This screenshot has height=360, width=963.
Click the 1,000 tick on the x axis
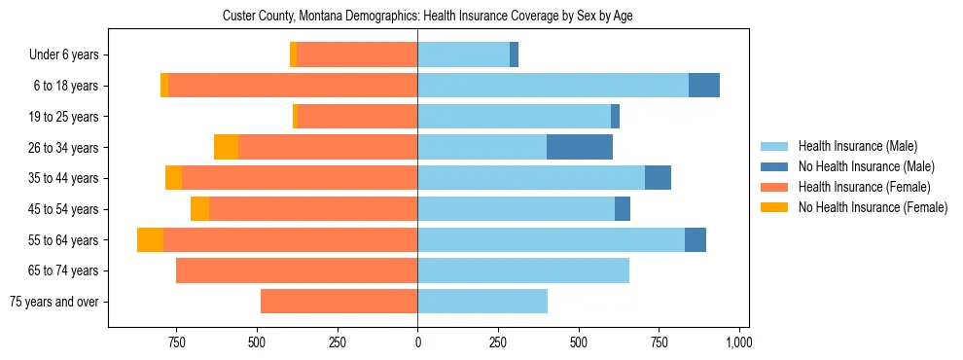tap(739, 342)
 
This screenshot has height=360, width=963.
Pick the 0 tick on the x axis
tap(417, 342)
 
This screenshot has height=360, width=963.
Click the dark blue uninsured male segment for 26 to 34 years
tap(580, 148)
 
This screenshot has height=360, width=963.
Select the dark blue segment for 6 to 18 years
tap(704, 86)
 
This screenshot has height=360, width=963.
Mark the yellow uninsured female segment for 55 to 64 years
tap(150, 240)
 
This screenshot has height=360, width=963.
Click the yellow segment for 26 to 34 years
tap(226, 148)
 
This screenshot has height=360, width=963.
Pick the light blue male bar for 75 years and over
tap(482, 302)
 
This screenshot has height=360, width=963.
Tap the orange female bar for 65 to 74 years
tap(297, 270)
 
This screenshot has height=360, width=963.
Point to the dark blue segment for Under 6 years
tap(514, 55)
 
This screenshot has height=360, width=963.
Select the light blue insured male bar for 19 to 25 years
tap(514, 117)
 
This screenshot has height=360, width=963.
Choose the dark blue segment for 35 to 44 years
tap(658, 178)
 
